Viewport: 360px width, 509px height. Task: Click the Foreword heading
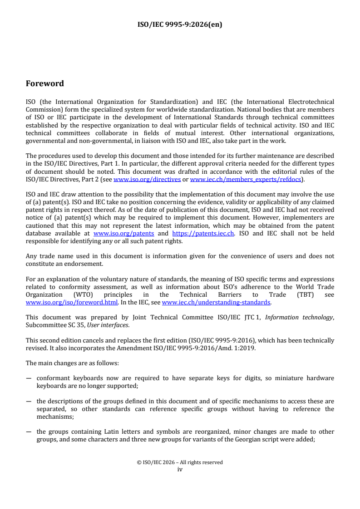pos(45,83)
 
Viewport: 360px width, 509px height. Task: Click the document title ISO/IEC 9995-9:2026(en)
pos(180,25)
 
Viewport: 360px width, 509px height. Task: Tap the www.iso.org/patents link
pos(123,234)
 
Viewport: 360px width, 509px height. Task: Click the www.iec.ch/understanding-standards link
pos(216,302)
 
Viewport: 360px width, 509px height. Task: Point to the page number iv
pos(180,470)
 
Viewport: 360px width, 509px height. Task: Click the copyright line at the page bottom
pos(180,463)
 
